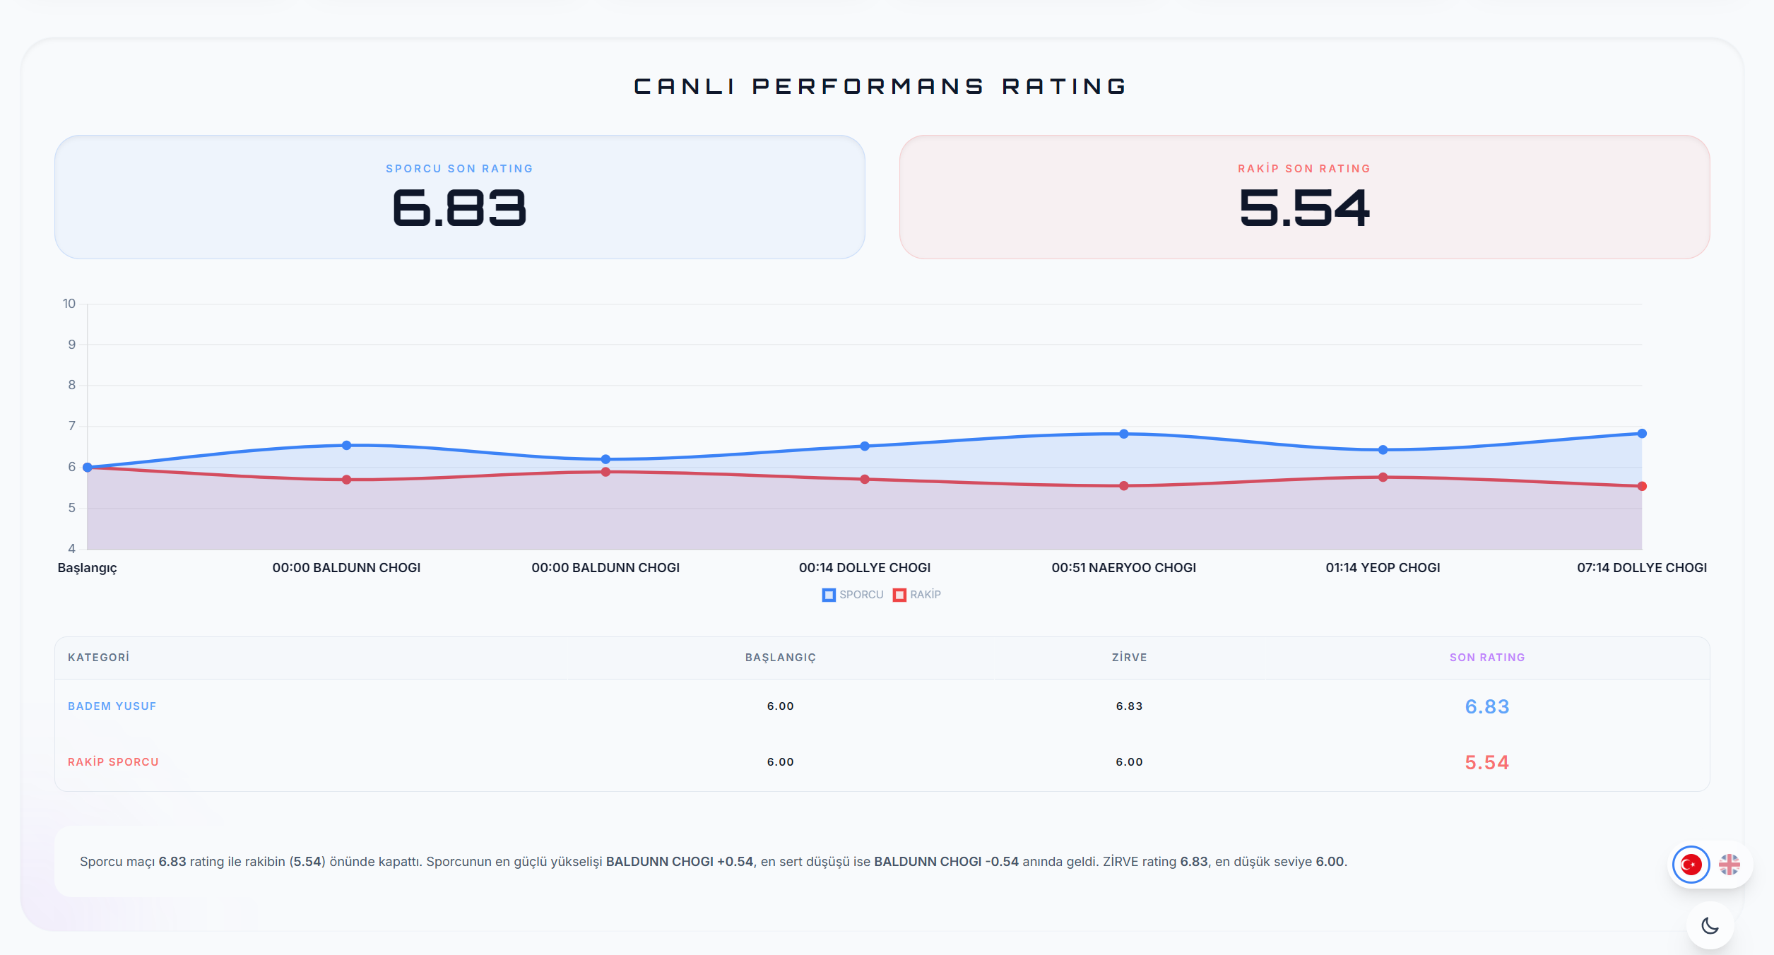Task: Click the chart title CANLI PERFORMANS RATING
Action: pyautogui.click(x=880, y=86)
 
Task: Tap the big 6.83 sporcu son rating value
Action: pyautogui.click(x=459, y=208)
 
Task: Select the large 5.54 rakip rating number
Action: pyautogui.click(x=1304, y=208)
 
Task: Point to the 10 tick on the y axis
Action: pyautogui.click(x=69, y=304)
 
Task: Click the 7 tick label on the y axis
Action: pyautogui.click(x=72, y=426)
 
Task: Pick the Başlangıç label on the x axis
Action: pyautogui.click(x=88, y=568)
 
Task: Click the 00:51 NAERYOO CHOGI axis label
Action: pyautogui.click(x=1123, y=568)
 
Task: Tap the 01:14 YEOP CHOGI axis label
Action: pyautogui.click(x=1383, y=568)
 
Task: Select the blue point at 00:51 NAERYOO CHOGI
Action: pyautogui.click(x=1123, y=434)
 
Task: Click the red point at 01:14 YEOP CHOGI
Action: pyautogui.click(x=1383, y=477)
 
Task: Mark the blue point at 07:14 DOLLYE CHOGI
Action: pyautogui.click(x=1642, y=434)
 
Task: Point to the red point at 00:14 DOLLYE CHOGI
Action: pyautogui.click(x=865, y=479)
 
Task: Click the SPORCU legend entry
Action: pyautogui.click(x=853, y=595)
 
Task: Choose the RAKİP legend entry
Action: pyautogui.click(x=917, y=595)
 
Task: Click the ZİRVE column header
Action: pyautogui.click(x=1129, y=658)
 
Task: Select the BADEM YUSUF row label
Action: pyautogui.click(x=112, y=706)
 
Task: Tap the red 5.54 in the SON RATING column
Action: pyautogui.click(x=1486, y=763)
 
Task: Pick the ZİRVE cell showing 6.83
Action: pyautogui.click(x=1129, y=706)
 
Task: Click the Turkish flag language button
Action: pyautogui.click(x=1691, y=865)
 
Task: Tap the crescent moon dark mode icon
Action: pyautogui.click(x=1710, y=925)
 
